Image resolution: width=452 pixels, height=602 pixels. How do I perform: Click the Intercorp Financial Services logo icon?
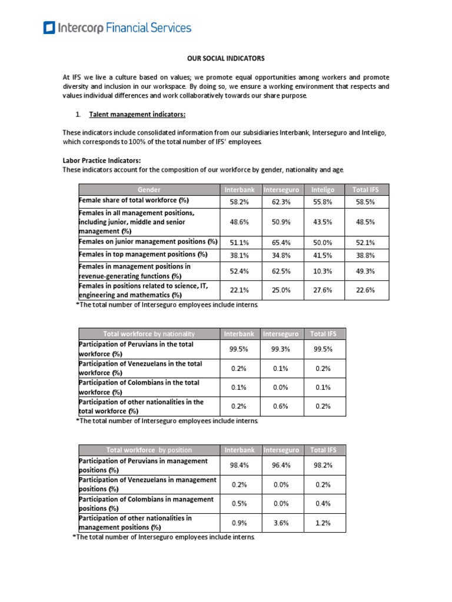point(50,27)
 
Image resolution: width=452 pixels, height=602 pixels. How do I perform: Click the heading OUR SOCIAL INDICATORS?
point(225,58)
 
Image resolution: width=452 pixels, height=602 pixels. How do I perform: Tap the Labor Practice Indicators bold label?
point(102,160)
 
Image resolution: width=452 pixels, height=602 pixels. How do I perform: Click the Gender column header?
point(149,190)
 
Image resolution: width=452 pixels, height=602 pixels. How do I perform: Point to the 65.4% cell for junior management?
point(281,242)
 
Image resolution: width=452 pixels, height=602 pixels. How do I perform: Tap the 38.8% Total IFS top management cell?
point(364,255)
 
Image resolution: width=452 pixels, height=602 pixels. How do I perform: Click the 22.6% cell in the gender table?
point(364,290)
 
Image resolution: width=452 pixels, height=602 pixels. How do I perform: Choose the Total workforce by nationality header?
point(149,334)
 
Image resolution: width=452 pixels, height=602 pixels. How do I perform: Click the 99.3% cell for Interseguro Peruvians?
point(281,349)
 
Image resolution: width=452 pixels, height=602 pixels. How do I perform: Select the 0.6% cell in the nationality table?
point(281,406)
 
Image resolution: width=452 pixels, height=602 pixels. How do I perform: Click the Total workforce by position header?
point(149,450)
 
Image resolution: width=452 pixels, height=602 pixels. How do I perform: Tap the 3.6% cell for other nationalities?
point(281,523)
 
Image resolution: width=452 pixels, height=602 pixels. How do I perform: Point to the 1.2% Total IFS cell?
point(322,523)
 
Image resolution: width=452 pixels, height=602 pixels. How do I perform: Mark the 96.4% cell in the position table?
point(281,465)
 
